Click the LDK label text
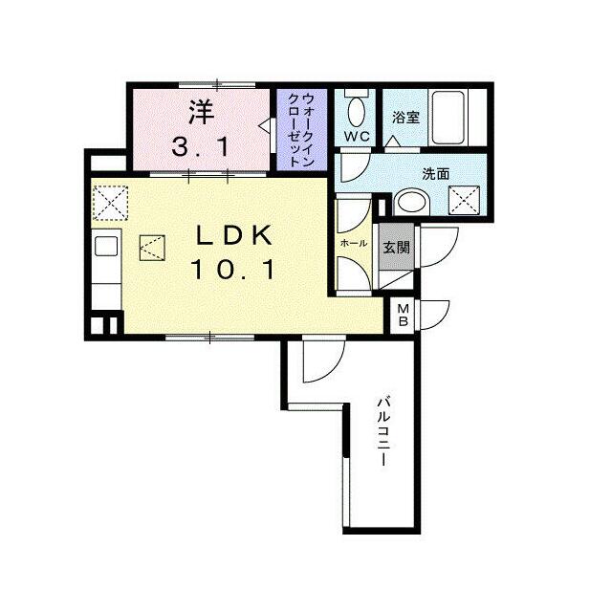click(x=233, y=235)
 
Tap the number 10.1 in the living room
click(x=233, y=270)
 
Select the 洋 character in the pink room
click(x=202, y=112)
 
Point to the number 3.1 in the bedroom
click(x=201, y=147)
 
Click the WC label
click(x=357, y=137)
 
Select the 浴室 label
click(x=405, y=117)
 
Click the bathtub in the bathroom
click(x=448, y=117)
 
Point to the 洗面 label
click(x=436, y=174)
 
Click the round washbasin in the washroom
click(x=412, y=202)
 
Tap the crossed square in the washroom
click(x=464, y=200)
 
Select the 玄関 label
click(x=396, y=247)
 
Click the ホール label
click(x=354, y=243)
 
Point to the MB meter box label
click(x=403, y=315)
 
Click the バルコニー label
click(x=383, y=431)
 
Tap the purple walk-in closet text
click(x=301, y=130)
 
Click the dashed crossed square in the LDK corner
click(x=111, y=203)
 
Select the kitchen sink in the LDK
click(x=106, y=246)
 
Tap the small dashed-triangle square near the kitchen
click(x=152, y=248)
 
